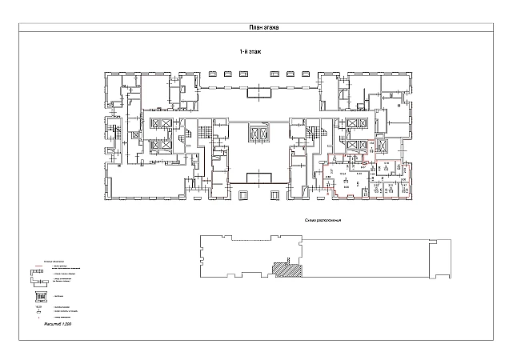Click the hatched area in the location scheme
(x=283, y=271)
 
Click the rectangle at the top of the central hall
(x=259, y=93)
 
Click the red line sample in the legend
(x=35, y=266)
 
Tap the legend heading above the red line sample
(x=52, y=261)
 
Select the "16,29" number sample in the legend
(x=36, y=307)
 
